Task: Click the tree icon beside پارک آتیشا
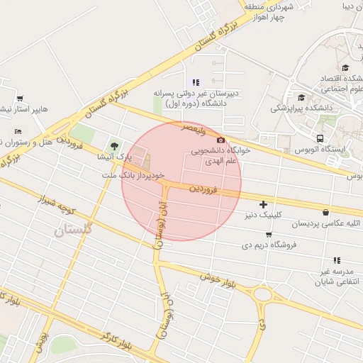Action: (x=114, y=147)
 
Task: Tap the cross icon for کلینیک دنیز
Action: (x=263, y=204)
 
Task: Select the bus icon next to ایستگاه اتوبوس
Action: (x=320, y=138)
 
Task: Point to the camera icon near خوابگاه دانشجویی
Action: (x=221, y=140)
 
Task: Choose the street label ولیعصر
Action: (x=193, y=128)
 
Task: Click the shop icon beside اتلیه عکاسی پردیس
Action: (x=325, y=212)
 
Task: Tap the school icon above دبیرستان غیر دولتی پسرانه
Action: (x=196, y=82)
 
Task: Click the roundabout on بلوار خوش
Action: (x=263, y=294)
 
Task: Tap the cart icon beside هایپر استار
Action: (x=19, y=99)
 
